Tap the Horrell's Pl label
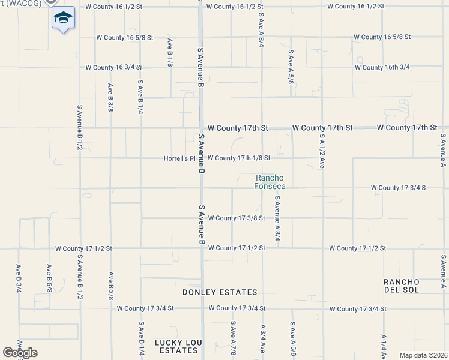click(x=180, y=159)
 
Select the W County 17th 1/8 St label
click(x=239, y=158)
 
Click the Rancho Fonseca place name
click(x=270, y=182)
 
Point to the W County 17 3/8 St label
click(x=237, y=218)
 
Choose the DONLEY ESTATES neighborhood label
click(x=220, y=292)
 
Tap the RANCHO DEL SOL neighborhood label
click(x=402, y=286)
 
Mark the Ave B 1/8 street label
click(x=170, y=53)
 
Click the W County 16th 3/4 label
click(x=382, y=67)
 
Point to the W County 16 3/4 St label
click(x=113, y=67)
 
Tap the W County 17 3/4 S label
click(x=398, y=188)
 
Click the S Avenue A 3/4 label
click(x=277, y=218)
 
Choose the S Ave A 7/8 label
click(x=232, y=338)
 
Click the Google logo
click(x=20, y=353)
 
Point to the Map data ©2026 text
click(x=423, y=355)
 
